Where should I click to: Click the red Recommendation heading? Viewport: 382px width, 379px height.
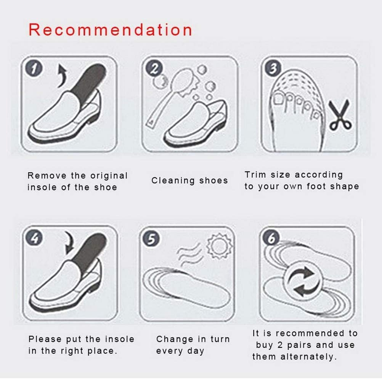(110, 30)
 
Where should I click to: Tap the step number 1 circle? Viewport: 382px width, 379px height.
(34, 68)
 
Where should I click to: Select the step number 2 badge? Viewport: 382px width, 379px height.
(154, 68)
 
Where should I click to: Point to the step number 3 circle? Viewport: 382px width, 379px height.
(273, 68)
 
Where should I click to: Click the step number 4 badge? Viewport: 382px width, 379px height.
(34, 238)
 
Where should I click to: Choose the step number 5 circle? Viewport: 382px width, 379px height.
(151, 238)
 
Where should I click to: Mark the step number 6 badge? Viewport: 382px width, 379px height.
(271, 238)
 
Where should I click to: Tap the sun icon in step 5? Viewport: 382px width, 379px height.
(219, 246)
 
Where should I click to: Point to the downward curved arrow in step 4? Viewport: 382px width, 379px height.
(69, 243)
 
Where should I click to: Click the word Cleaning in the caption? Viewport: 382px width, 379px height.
(173, 181)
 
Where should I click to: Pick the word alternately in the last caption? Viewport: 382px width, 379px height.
(308, 357)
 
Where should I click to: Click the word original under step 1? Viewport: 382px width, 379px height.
(109, 175)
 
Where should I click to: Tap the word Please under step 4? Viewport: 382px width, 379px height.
(45, 339)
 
